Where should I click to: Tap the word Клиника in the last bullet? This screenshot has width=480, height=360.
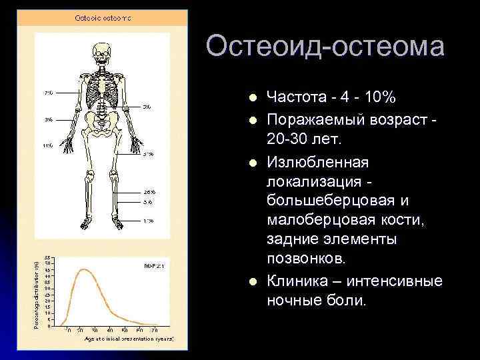(x=294, y=281)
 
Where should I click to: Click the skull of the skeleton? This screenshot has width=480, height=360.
(x=102, y=52)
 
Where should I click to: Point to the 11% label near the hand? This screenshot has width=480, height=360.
(x=47, y=145)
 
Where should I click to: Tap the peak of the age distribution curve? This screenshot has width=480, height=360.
(x=83, y=269)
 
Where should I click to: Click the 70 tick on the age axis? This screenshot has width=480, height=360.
(x=154, y=330)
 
